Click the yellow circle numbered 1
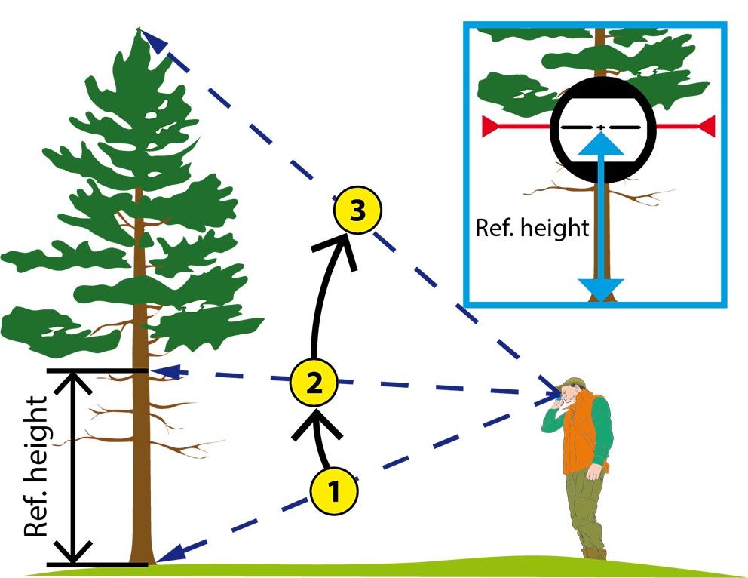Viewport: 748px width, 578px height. click(334, 490)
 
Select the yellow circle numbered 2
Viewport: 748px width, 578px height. click(314, 383)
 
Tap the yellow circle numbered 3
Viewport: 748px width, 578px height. click(357, 210)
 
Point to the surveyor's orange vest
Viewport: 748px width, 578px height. click(582, 432)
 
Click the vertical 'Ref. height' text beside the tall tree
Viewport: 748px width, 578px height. click(36, 466)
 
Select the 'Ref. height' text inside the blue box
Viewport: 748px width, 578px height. click(532, 228)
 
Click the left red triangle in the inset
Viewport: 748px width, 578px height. click(490, 126)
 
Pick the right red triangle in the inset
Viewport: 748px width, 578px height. click(707, 126)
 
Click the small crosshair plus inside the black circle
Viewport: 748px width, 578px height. click(601, 127)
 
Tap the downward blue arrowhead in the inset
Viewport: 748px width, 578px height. click(601, 289)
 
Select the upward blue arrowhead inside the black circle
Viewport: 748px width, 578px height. click(601, 143)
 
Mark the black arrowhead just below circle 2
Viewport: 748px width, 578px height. click(316, 425)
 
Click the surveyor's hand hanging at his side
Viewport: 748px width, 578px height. click(594, 473)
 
